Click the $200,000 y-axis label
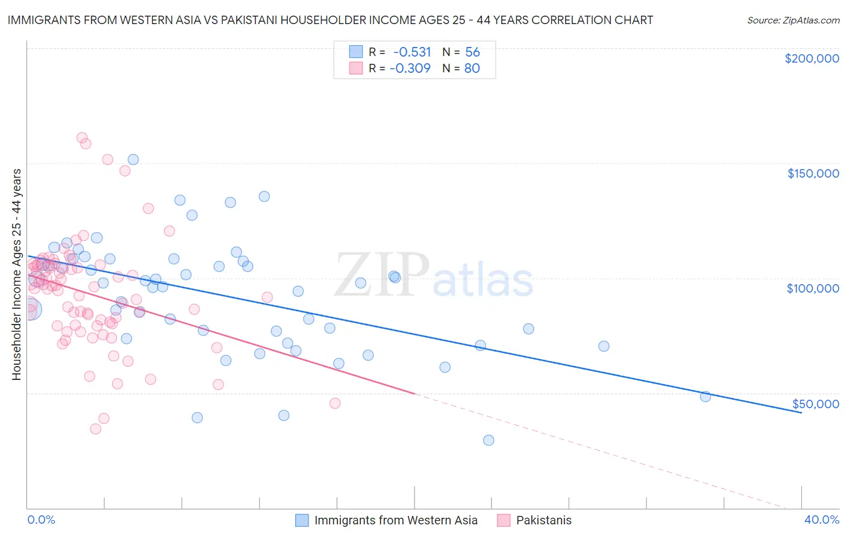point(811,58)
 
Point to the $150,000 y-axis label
point(813,173)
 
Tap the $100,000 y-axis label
point(813,288)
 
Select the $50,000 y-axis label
point(815,403)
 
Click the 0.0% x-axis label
point(41,520)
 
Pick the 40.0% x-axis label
point(822,520)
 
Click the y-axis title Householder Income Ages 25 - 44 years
point(16,275)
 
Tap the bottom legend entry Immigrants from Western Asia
point(395,520)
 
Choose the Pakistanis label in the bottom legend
point(543,520)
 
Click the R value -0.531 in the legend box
point(412,52)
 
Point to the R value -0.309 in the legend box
point(411,68)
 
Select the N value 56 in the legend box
point(472,52)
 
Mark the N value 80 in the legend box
point(472,68)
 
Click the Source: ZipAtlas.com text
point(793,20)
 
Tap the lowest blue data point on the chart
point(489,440)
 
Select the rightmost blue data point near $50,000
point(705,396)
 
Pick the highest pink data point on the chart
point(82,138)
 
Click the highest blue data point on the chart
point(133,160)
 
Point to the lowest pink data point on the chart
point(95,429)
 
